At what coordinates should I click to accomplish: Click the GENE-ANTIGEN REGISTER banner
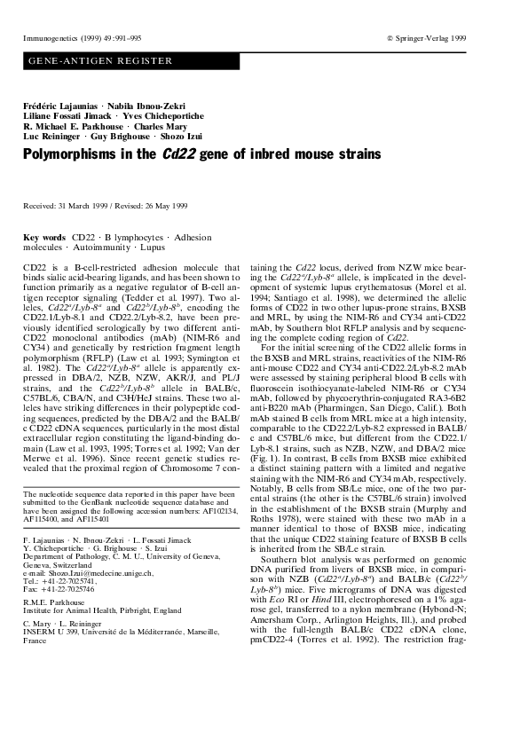100,60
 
